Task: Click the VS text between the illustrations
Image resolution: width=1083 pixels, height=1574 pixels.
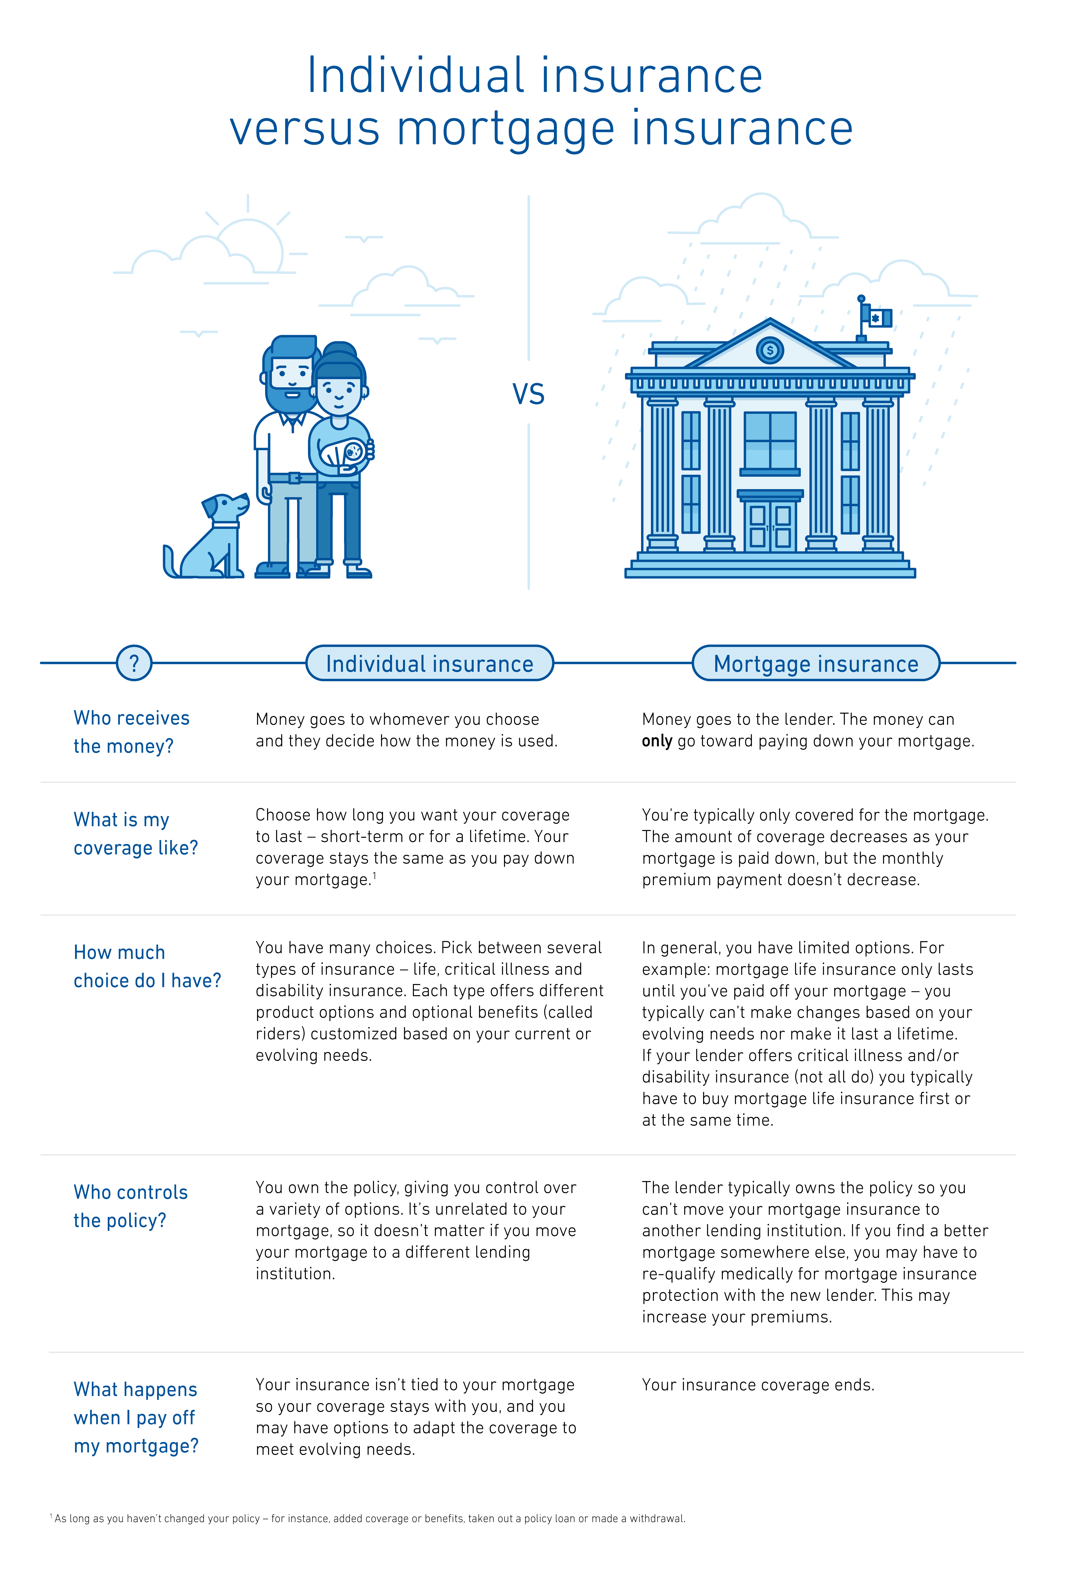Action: [x=529, y=394]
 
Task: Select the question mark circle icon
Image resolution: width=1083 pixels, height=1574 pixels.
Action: [x=134, y=663]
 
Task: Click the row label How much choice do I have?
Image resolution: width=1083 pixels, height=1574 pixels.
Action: [x=147, y=966]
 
